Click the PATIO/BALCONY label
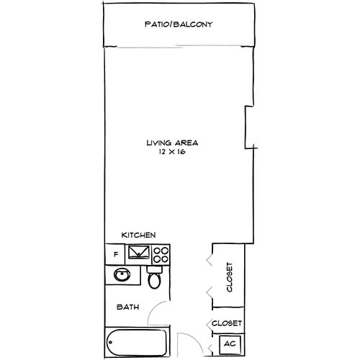[179, 24]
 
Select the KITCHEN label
[139, 235]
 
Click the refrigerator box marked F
[114, 254]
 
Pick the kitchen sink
[139, 253]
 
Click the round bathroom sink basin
[122, 276]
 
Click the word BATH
[128, 307]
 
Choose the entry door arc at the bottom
[189, 344]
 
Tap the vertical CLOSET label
[230, 276]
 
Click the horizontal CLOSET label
[228, 323]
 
